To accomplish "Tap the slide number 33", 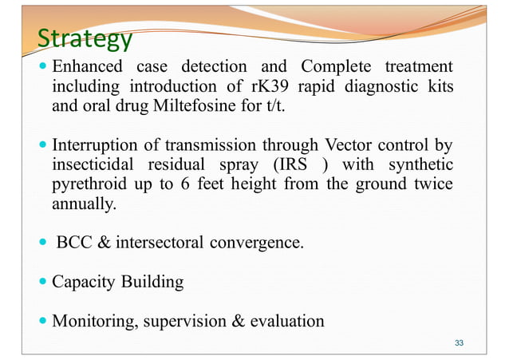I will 459,342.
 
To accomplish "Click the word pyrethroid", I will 88,184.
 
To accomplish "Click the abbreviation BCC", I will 74,243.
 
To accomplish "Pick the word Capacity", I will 83,282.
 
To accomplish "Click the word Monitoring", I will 91,322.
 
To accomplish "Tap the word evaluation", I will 286,322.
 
